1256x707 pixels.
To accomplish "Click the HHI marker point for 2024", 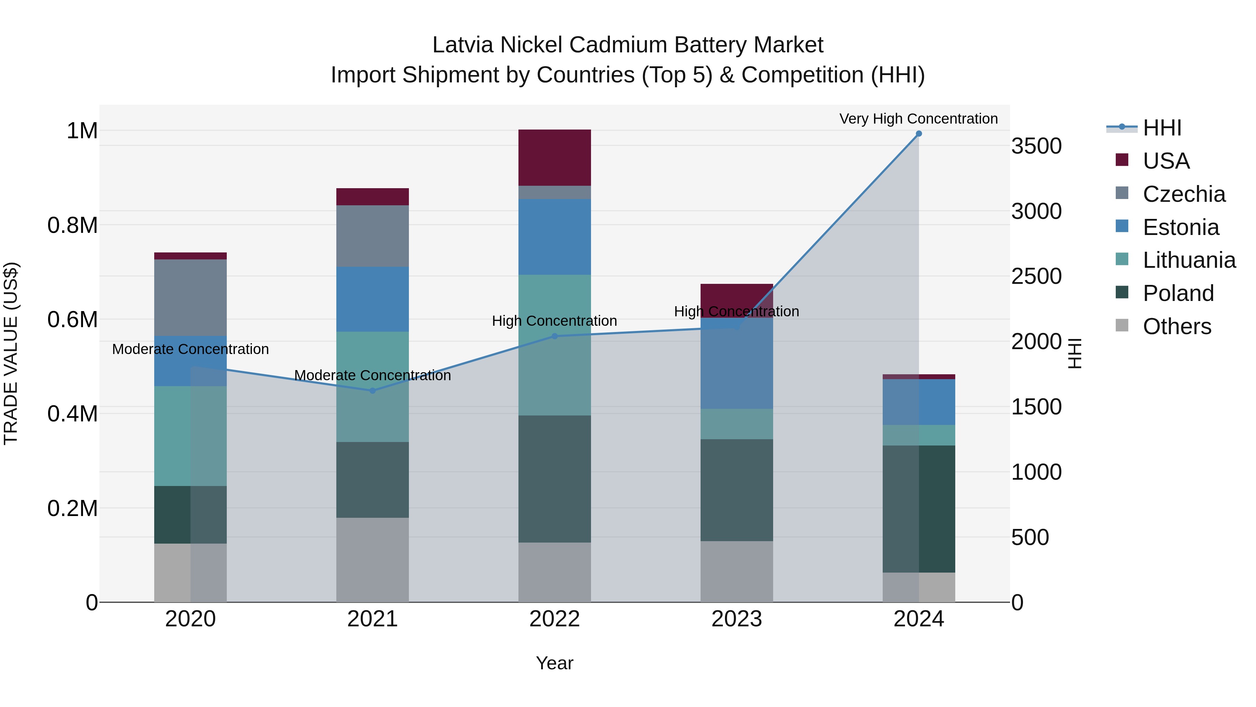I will coord(919,134).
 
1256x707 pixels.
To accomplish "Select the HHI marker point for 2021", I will coord(373,390).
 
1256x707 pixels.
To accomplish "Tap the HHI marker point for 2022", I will coord(554,336).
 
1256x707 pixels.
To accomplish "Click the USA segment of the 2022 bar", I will coord(554,157).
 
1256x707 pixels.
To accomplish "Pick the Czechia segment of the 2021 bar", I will coord(373,236).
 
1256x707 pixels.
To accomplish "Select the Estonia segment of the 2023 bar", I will coord(736,363).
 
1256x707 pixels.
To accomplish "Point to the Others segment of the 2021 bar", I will coord(373,560).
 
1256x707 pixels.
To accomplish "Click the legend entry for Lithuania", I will coord(1188,260).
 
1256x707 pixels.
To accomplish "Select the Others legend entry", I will coord(1176,326).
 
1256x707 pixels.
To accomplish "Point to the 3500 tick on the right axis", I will coord(1036,146).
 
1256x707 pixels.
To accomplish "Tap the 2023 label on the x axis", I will coord(736,619).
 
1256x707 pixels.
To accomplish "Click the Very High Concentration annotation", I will coord(918,119).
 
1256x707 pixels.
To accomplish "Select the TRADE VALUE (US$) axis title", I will coord(11,353).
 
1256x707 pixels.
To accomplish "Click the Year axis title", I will coord(554,663).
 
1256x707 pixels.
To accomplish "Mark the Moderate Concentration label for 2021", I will coord(373,375).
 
